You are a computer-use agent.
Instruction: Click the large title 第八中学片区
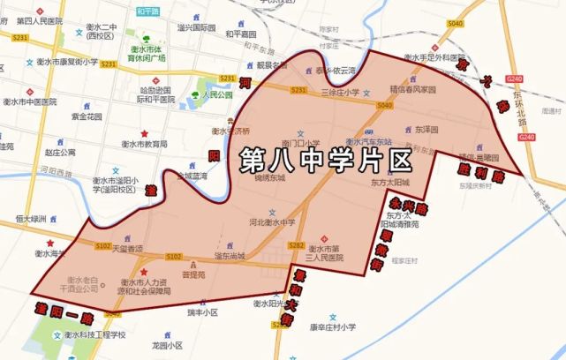pos(326,161)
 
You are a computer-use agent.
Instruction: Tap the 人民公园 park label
pos(216,94)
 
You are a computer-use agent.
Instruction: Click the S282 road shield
pos(297,244)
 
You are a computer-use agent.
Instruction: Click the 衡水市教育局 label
pos(145,144)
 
